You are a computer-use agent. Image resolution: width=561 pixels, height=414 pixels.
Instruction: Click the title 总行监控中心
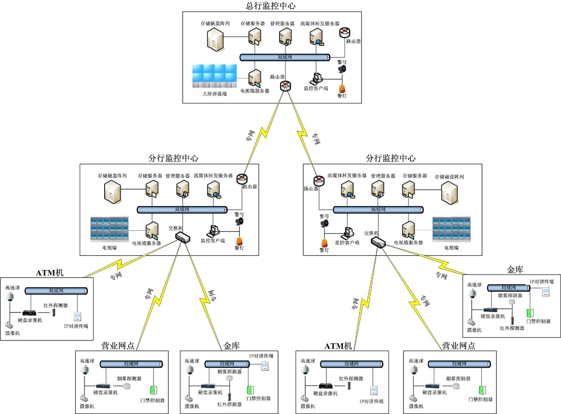pyautogui.click(x=270, y=6)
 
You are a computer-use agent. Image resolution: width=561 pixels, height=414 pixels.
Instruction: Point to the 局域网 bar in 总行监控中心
pyautogui.click(x=285, y=57)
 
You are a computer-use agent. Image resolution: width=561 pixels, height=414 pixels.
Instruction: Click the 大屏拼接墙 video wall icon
pyautogui.click(x=214, y=76)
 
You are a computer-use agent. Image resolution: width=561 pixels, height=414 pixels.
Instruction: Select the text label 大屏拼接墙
pyautogui.click(x=214, y=94)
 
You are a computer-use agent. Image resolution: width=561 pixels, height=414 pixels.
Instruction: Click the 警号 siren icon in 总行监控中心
pyautogui.click(x=342, y=69)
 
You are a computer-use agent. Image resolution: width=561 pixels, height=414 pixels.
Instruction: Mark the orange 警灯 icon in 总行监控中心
pyautogui.click(x=342, y=88)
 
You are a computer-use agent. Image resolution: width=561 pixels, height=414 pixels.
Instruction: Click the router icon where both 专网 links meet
pyautogui.click(x=285, y=86)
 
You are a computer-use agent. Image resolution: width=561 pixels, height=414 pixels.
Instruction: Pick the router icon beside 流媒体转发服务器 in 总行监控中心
pyautogui.click(x=345, y=32)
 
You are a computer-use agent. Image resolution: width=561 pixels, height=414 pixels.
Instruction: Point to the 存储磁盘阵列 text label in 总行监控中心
pyautogui.click(x=215, y=23)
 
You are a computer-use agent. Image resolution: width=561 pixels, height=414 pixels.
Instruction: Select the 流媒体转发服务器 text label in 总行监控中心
pyautogui.click(x=320, y=23)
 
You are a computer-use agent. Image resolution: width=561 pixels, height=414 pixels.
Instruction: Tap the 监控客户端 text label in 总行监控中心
pyautogui.click(x=316, y=88)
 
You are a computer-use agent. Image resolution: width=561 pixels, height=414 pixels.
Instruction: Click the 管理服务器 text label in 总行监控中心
pyautogui.click(x=282, y=23)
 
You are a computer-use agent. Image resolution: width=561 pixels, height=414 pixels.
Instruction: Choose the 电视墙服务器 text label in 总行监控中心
pyautogui.click(x=255, y=91)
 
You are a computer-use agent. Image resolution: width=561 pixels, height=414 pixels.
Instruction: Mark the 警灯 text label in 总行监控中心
pyautogui.click(x=342, y=96)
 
